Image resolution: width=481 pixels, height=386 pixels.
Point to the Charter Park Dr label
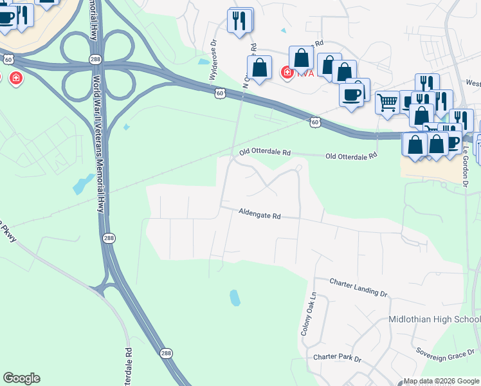[x=337, y=358]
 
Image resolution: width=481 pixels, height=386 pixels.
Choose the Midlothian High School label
[x=435, y=320]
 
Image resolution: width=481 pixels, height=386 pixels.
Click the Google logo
[x=21, y=378]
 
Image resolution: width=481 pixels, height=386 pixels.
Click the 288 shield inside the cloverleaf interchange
[x=95, y=59]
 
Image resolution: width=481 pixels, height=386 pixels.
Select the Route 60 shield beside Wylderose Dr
[x=220, y=94]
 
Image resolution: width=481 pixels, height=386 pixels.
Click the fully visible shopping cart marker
[x=387, y=102]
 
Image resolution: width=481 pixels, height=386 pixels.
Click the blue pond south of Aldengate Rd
[x=235, y=297]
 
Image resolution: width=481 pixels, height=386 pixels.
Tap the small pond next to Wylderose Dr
[x=204, y=62]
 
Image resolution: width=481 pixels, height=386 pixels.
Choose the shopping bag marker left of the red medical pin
[x=260, y=68]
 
